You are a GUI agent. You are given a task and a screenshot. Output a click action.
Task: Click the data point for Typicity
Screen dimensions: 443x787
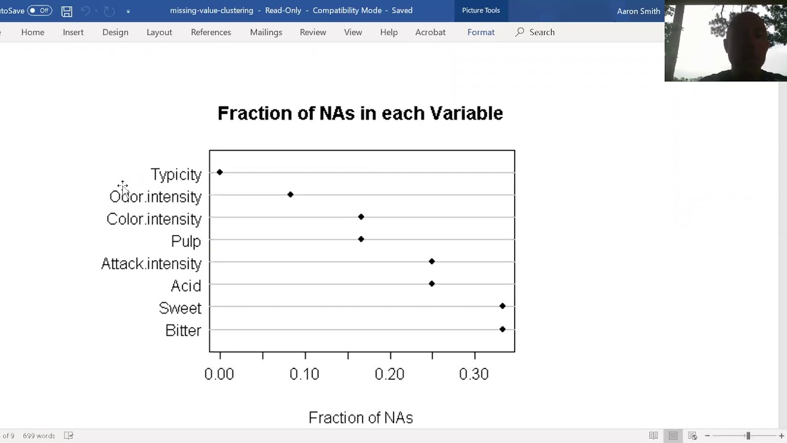[x=219, y=172]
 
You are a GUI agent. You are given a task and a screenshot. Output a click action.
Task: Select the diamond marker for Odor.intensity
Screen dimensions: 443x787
[x=290, y=194]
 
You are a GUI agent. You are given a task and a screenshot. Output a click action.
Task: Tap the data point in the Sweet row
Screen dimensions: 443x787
[x=502, y=306]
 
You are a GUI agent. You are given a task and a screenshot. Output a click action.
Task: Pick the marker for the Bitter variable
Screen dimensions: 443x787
[x=502, y=329]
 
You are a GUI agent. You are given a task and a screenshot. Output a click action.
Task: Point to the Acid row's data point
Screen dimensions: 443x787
[x=432, y=284]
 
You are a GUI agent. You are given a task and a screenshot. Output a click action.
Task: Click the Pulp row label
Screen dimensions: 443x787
[x=186, y=241]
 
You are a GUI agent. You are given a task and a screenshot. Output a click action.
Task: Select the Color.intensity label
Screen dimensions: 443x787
[x=154, y=219]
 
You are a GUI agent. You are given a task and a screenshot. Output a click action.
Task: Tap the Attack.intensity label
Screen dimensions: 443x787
[x=151, y=264]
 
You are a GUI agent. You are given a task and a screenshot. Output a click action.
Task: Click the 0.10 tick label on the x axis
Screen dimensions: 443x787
[x=304, y=374]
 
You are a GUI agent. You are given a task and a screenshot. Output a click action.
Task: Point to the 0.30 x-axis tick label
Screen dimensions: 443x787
[x=474, y=374]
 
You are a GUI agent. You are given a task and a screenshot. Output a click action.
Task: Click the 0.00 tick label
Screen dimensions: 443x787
[x=219, y=374]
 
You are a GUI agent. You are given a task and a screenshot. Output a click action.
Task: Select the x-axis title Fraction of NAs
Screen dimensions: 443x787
[x=360, y=418]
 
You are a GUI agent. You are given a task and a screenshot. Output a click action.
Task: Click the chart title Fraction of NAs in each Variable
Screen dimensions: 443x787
[x=360, y=113]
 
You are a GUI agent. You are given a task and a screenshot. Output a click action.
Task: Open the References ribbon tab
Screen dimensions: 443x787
[x=211, y=32]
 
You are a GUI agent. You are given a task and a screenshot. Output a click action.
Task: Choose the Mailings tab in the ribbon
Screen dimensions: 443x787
[x=266, y=32]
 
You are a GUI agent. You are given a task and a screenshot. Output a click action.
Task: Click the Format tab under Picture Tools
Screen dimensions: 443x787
[x=481, y=32]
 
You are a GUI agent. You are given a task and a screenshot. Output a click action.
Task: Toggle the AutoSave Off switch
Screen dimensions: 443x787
[x=39, y=10]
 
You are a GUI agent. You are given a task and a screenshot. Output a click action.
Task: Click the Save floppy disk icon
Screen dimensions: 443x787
[x=67, y=11]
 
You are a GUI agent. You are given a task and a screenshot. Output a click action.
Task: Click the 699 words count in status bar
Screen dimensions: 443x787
[x=39, y=436]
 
